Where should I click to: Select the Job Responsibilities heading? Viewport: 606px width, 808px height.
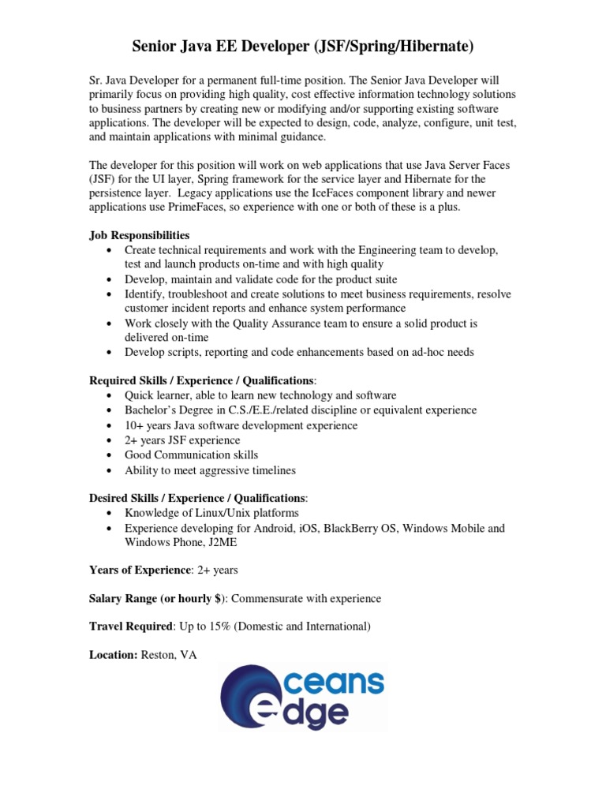[139, 235]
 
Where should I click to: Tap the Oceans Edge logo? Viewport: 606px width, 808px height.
[303, 697]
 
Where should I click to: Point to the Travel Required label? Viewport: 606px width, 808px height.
[130, 627]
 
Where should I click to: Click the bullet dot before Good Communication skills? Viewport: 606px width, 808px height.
[109, 455]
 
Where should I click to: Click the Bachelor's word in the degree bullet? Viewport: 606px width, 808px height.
[151, 410]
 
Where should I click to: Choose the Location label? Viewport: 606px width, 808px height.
[113, 655]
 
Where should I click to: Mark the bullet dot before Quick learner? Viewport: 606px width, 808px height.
[109, 395]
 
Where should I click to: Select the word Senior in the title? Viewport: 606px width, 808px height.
[155, 47]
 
